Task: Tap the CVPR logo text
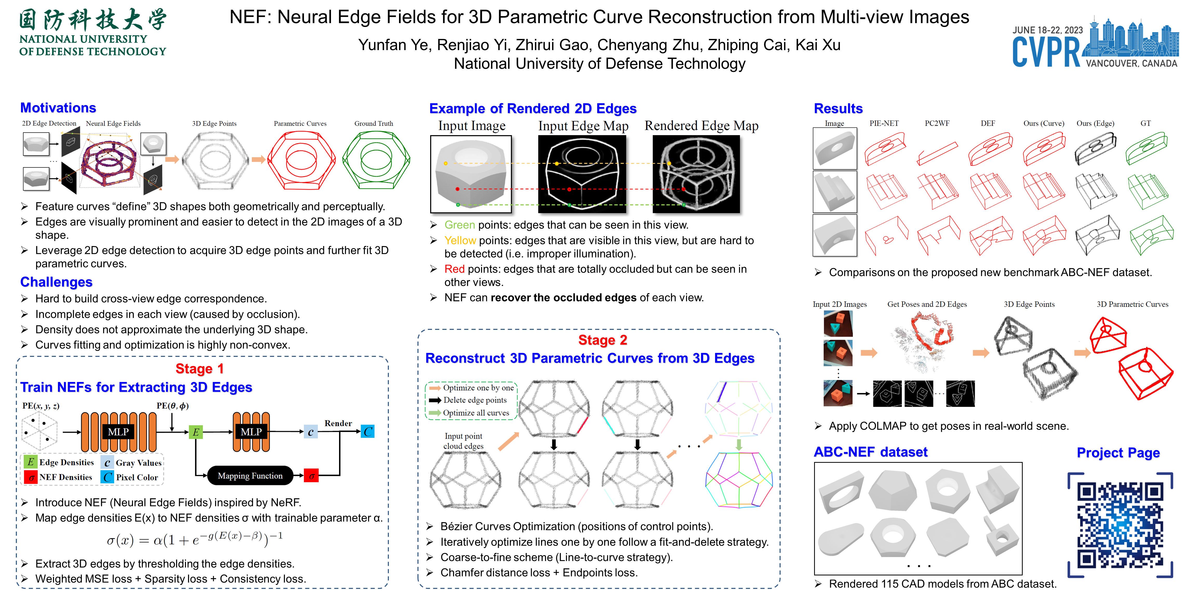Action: point(1046,52)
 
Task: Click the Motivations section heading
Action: point(58,108)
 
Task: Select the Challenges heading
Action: point(56,282)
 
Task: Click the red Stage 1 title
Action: point(200,369)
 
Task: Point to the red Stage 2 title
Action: point(603,340)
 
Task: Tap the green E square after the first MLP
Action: point(196,432)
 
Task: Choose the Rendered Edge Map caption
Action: point(701,126)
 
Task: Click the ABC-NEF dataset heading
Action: point(870,452)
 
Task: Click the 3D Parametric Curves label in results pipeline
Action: point(1132,304)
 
